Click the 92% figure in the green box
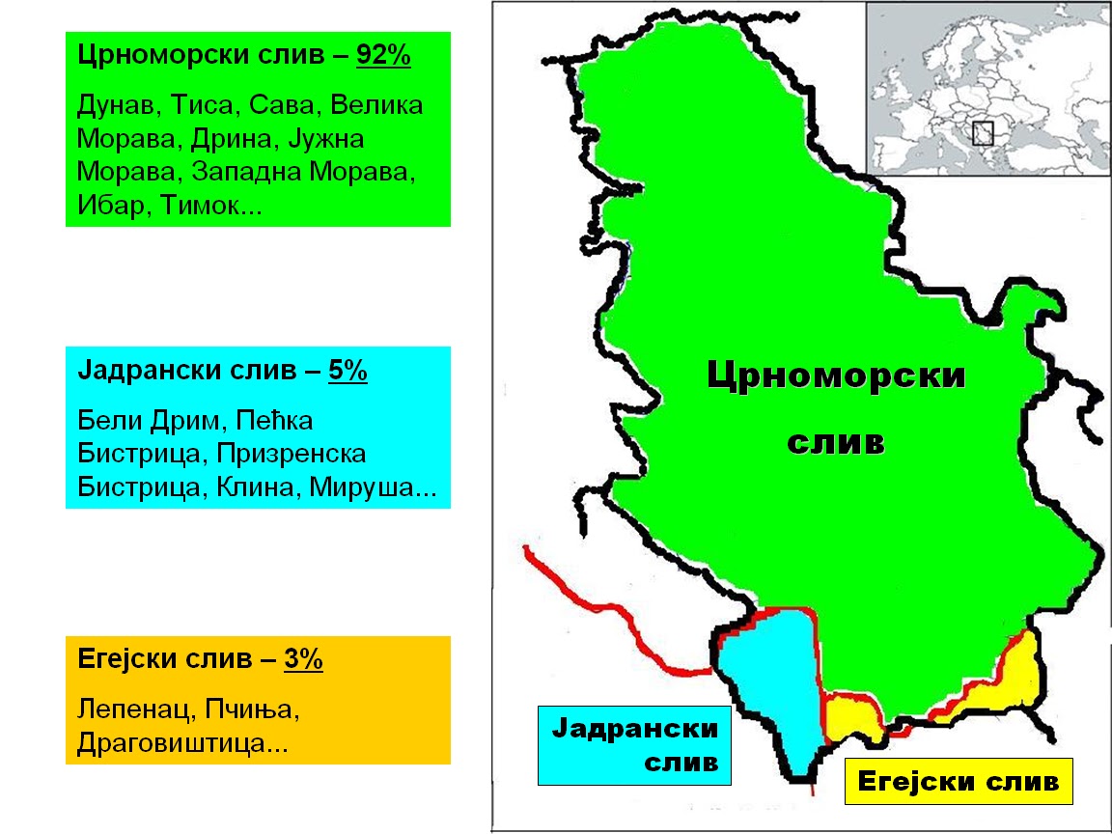[x=384, y=57]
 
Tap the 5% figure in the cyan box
[x=347, y=372]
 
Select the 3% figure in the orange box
[x=303, y=660]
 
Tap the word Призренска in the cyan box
[x=292, y=455]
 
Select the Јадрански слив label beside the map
[x=635, y=744]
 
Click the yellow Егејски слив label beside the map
[x=958, y=781]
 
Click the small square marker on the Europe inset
[x=983, y=133]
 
